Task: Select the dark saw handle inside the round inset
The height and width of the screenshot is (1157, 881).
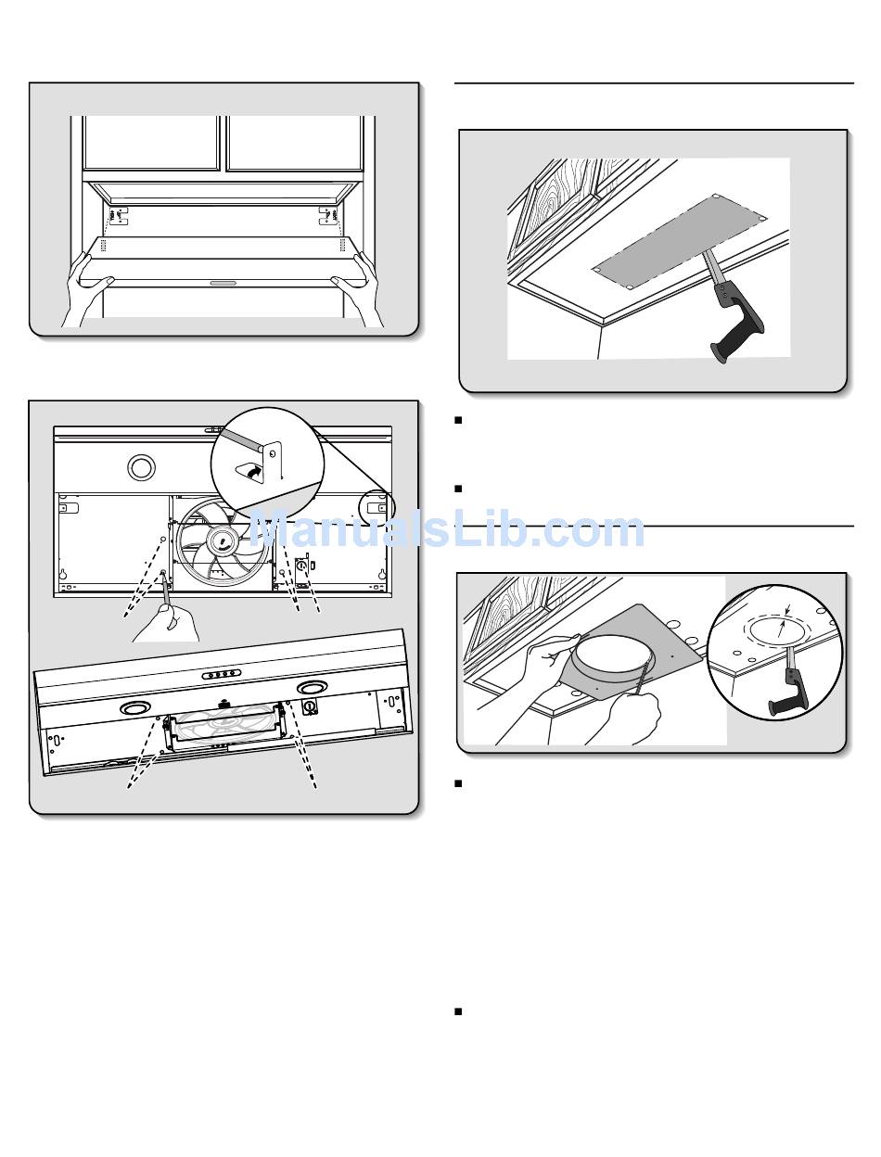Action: point(789,691)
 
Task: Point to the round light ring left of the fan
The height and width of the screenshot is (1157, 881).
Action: point(141,467)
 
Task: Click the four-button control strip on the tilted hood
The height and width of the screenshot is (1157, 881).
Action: point(221,674)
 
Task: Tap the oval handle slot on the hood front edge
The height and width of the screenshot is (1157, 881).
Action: point(225,283)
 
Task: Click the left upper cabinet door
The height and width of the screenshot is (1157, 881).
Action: point(151,143)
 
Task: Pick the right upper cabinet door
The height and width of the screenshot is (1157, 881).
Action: point(295,143)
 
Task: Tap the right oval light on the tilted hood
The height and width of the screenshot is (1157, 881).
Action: point(313,687)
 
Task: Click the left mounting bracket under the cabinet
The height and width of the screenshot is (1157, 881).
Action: point(118,215)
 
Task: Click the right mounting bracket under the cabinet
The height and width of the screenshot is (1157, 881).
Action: point(328,215)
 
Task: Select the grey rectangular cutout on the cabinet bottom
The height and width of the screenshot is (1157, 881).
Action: point(680,241)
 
